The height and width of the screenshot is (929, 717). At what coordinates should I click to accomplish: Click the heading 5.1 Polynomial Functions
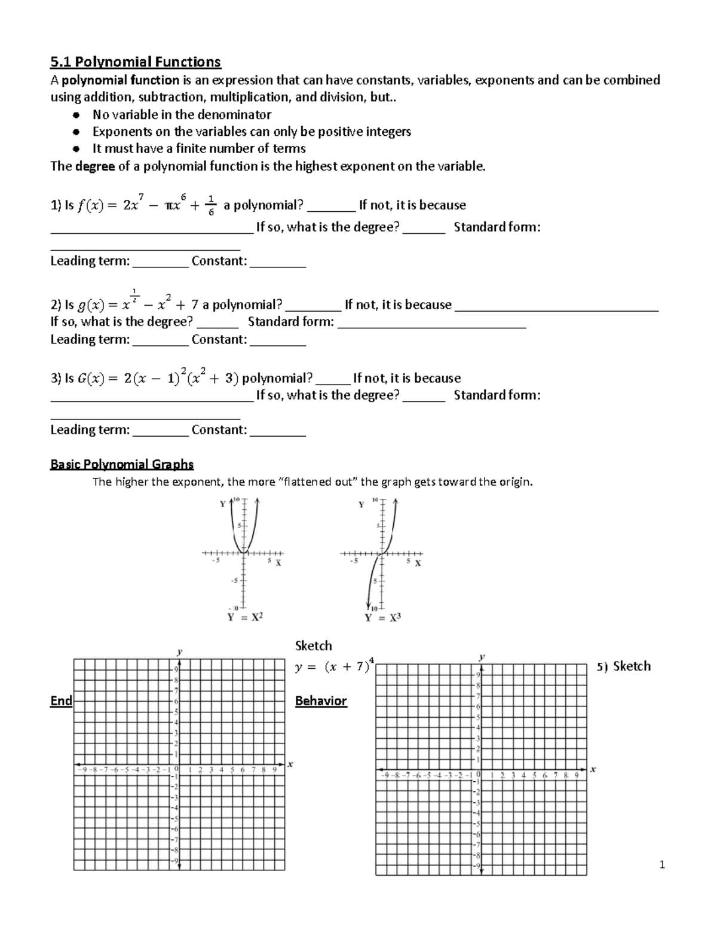click(x=136, y=62)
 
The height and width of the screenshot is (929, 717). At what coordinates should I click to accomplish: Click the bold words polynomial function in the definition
click(x=121, y=80)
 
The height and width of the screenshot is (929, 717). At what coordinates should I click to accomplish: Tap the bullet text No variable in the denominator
click(x=182, y=114)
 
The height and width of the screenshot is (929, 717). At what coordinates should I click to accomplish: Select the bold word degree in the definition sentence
click(x=95, y=166)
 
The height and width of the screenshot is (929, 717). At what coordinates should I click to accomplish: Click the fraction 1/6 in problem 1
click(x=210, y=206)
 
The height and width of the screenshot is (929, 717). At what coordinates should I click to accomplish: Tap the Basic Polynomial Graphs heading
click(x=122, y=464)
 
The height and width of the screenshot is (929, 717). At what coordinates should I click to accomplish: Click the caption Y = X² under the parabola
click(x=244, y=618)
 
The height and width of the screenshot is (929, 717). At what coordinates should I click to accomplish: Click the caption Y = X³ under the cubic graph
click(x=382, y=618)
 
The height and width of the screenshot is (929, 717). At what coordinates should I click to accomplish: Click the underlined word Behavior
click(x=321, y=701)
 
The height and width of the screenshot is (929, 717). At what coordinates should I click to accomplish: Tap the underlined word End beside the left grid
click(x=61, y=701)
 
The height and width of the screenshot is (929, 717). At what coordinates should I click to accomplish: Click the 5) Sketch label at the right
click(x=623, y=666)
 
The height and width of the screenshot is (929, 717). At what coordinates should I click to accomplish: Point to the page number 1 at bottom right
click(x=662, y=864)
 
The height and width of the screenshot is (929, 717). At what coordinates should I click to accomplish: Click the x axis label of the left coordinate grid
click(x=290, y=764)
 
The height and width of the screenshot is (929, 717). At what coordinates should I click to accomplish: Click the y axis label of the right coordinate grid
click(x=482, y=657)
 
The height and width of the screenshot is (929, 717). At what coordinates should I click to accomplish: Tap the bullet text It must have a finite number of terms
click(x=199, y=148)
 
